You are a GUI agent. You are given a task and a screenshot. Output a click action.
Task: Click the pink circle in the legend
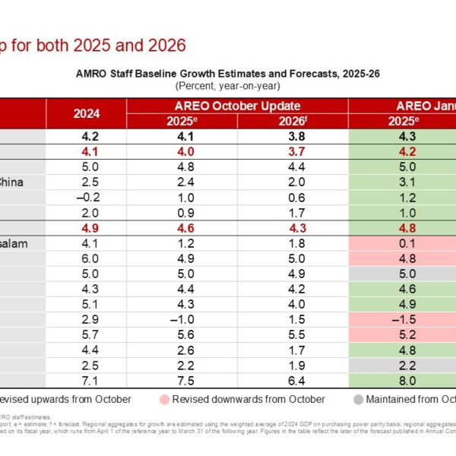click(166, 399)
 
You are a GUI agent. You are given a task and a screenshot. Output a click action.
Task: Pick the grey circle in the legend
click(359, 399)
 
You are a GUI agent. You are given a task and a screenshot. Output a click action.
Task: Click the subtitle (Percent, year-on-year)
click(229, 85)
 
